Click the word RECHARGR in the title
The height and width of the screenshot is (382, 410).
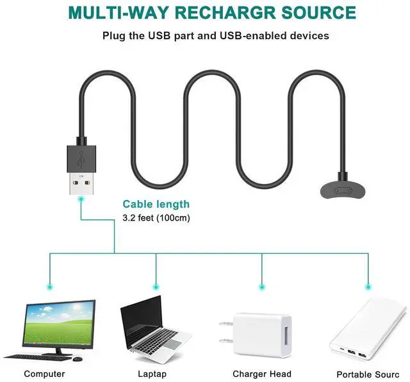coord(219,12)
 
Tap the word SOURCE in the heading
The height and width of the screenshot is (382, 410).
coord(315,12)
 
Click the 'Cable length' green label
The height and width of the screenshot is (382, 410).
coord(156,204)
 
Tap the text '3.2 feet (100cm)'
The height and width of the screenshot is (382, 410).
coord(156,218)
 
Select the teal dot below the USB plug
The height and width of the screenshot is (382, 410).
coord(81,199)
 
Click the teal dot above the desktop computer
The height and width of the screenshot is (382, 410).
coord(50,286)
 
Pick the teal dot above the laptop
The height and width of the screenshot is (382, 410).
coord(156,286)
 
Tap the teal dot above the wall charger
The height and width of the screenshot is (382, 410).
coord(261,286)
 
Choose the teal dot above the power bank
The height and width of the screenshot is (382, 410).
coord(368,286)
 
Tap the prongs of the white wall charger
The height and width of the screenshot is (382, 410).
coord(225,334)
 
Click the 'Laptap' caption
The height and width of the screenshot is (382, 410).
coord(152,374)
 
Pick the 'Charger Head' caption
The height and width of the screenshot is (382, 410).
coord(261,374)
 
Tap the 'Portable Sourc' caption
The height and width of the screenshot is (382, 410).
coord(368,374)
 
